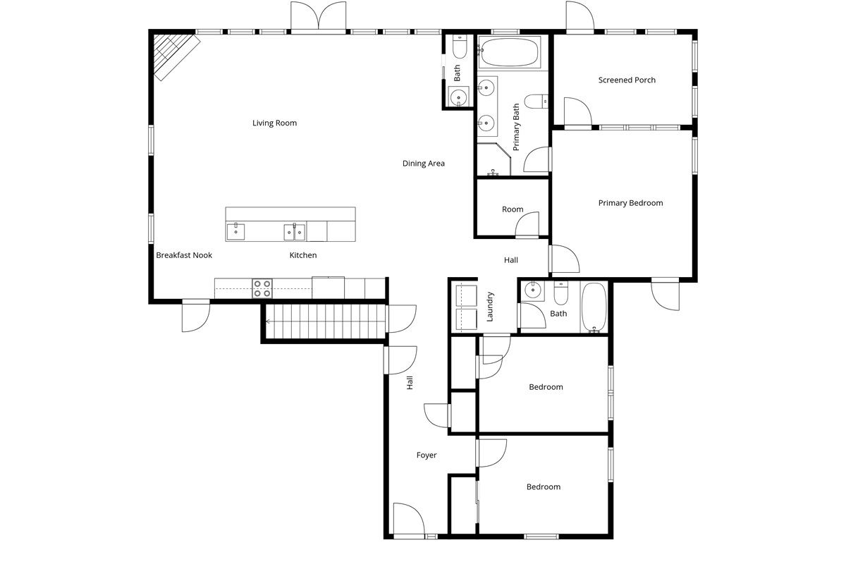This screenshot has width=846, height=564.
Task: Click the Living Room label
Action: click(x=275, y=123)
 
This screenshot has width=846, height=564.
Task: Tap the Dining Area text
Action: click(x=424, y=164)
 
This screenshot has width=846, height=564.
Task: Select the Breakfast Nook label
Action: click(x=184, y=255)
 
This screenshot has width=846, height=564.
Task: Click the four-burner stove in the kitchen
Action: click(x=263, y=288)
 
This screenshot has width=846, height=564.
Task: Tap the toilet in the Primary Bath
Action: click(x=537, y=102)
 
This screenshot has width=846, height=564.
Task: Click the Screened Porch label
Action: click(x=627, y=80)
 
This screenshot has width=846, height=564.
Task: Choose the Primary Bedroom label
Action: click(x=630, y=203)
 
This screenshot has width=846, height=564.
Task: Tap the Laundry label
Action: click(x=489, y=307)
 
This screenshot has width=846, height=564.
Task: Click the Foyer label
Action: click(x=427, y=455)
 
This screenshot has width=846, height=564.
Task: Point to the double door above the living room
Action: click(x=318, y=17)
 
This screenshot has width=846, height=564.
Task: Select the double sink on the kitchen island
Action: click(x=295, y=231)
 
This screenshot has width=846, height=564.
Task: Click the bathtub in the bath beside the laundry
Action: click(x=594, y=307)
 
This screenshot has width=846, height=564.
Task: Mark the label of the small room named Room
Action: click(x=513, y=209)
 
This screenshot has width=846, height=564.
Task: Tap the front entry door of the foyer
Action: click(x=407, y=520)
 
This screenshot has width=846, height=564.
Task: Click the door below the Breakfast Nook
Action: click(x=195, y=315)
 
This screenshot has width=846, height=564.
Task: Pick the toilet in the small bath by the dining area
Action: click(x=459, y=48)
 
